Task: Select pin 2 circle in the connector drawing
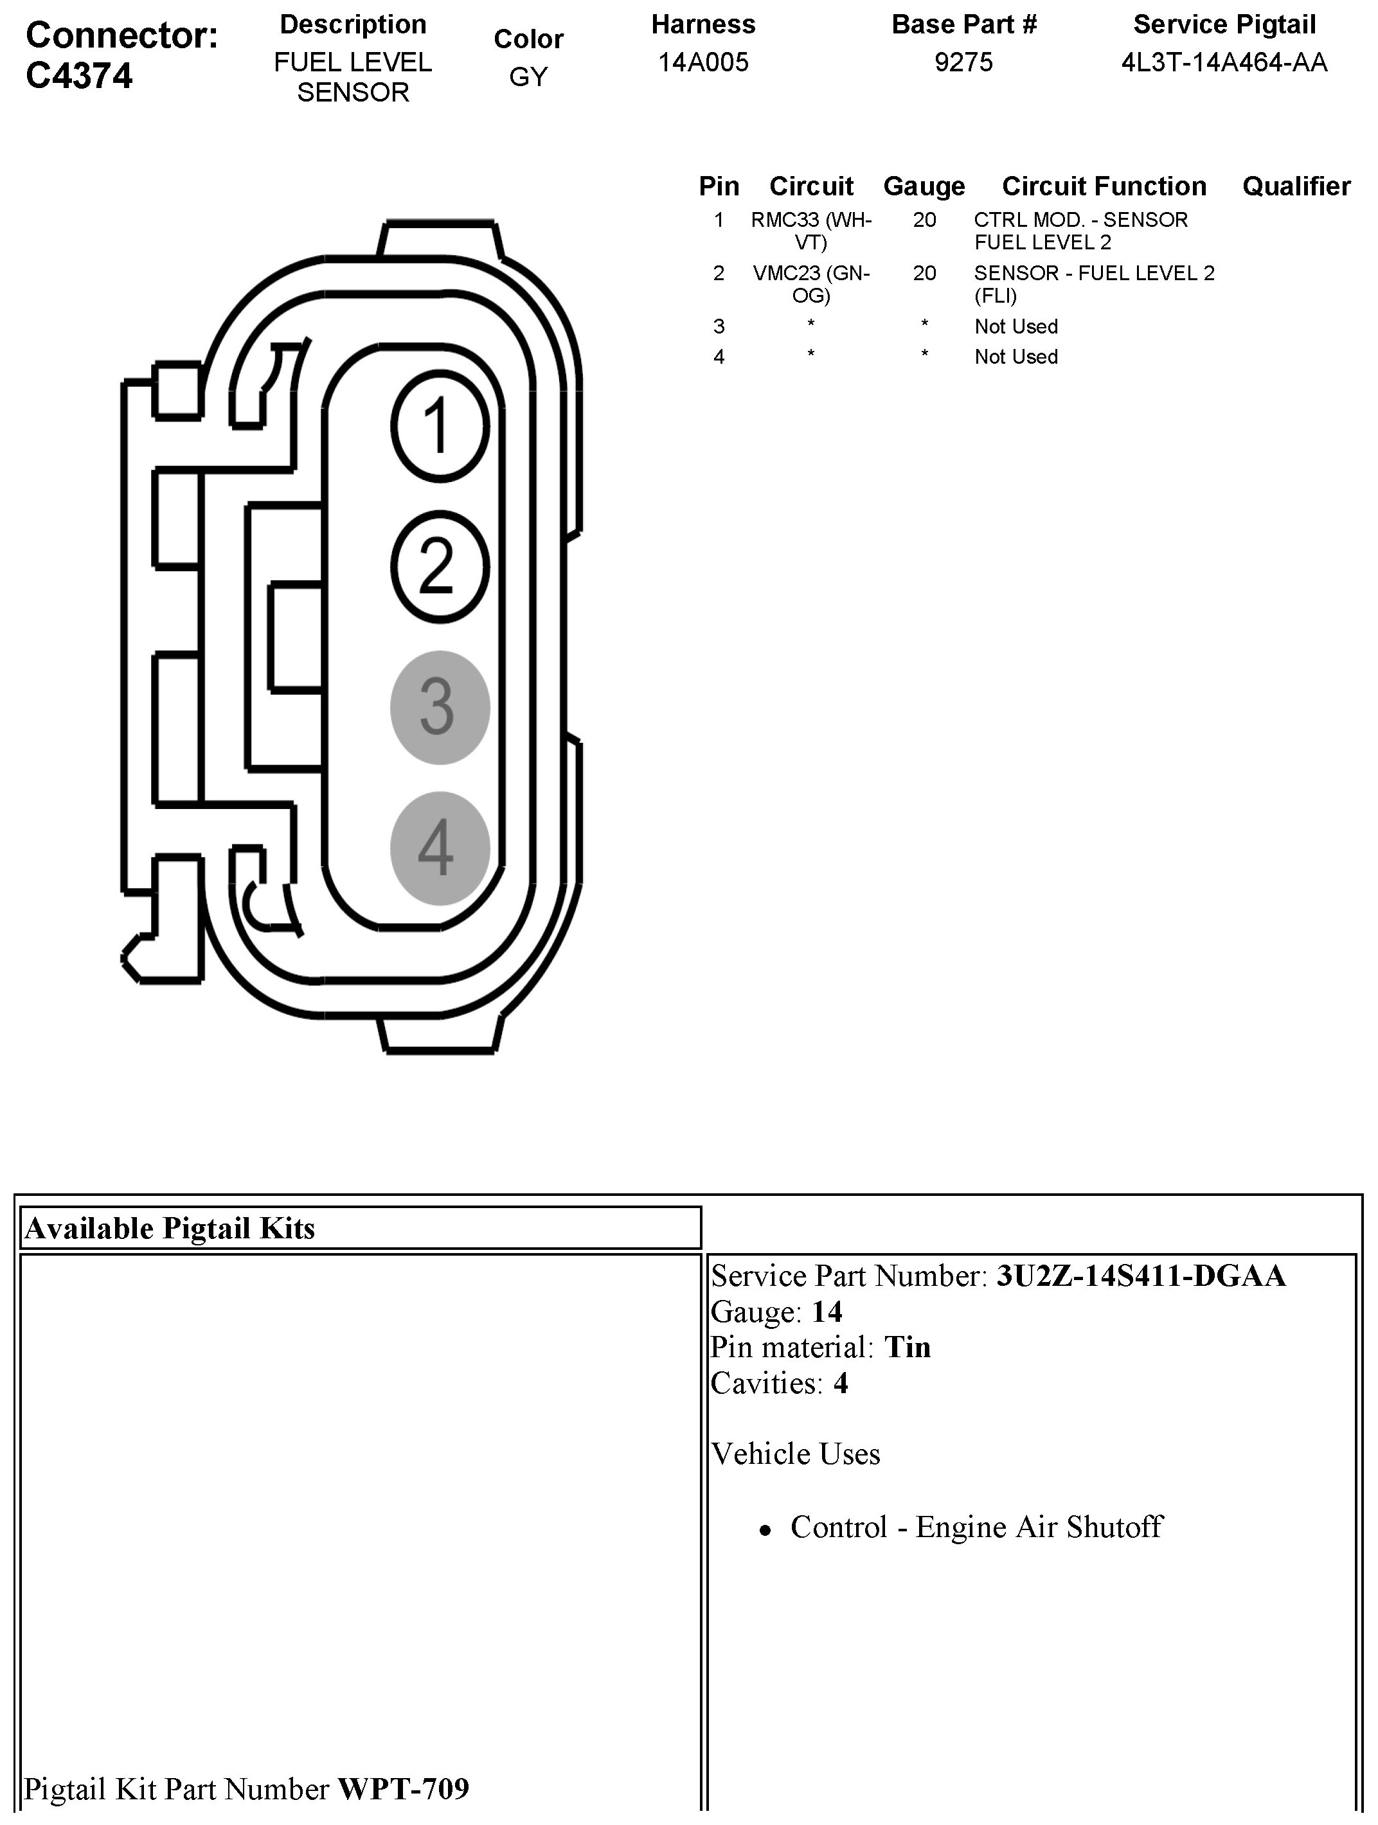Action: [x=440, y=567]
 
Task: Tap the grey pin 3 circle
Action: [x=440, y=707]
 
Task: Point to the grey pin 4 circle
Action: [x=440, y=848]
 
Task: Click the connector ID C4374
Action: [x=79, y=76]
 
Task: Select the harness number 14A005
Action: [x=703, y=63]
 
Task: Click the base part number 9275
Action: [x=963, y=63]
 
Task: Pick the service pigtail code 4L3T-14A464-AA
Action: [x=1224, y=63]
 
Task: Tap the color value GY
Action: [x=528, y=76]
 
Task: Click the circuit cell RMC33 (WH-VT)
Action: [x=811, y=231]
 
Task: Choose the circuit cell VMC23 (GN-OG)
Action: [x=811, y=284]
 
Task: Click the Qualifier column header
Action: [x=1296, y=186]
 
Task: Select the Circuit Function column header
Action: [x=1104, y=186]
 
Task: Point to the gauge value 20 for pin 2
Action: [x=924, y=273]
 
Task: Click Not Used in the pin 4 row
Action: [x=1016, y=357]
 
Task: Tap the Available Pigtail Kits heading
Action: [x=170, y=1229]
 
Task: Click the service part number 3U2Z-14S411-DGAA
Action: [x=1140, y=1276]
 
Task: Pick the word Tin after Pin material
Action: [x=907, y=1348]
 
